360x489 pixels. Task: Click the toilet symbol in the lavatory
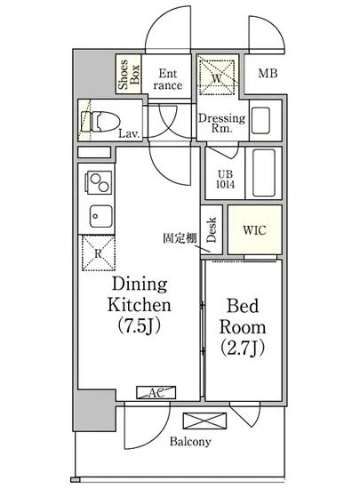100,122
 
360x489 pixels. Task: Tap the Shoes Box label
128,74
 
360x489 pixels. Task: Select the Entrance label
168,79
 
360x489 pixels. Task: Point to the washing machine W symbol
217,76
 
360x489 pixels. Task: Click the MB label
268,74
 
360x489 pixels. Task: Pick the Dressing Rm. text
222,124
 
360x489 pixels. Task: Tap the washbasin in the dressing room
260,120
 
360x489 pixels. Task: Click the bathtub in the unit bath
264,173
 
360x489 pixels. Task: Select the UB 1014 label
226,179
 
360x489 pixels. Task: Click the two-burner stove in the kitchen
100,183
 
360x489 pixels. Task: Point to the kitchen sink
100,216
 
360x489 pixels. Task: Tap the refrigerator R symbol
99,253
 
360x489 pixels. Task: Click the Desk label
212,230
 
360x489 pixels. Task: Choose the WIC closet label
254,230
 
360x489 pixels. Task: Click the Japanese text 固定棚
180,238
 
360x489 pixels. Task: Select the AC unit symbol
156,393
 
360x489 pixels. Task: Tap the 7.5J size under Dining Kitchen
140,326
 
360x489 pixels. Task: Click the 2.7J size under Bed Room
243,349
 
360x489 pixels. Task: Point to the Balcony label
190,442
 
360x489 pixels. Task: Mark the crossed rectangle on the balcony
204,421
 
